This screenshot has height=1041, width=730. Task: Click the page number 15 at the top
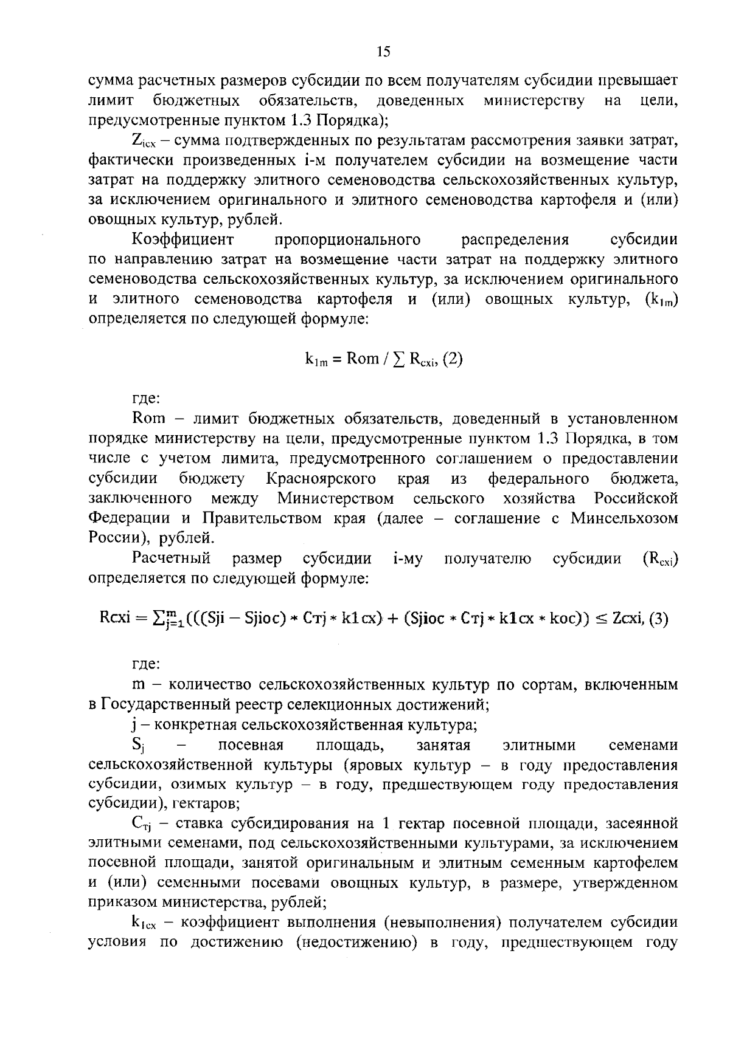point(383,52)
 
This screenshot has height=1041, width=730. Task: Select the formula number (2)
point(452,359)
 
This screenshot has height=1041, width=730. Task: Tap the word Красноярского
point(321,479)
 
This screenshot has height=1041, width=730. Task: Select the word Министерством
point(335,498)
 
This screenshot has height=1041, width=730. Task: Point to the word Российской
point(635,498)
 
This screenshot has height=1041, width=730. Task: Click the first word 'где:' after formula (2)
point(146,399)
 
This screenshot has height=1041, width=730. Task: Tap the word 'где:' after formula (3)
point(146,664)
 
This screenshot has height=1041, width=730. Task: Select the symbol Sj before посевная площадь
point(137,745)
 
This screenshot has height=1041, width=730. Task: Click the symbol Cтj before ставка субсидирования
point(141,824)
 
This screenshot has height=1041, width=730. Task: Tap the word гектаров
point(205,804)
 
